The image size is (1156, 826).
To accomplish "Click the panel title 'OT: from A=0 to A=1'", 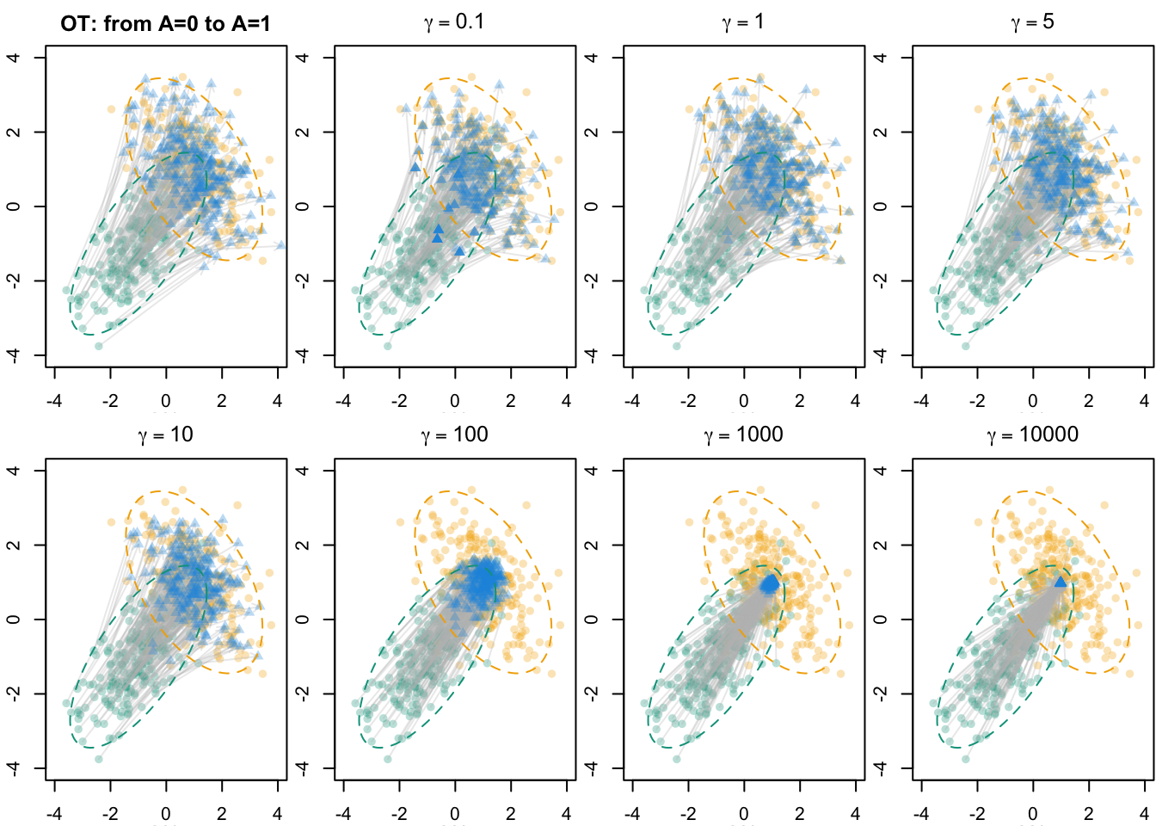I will tap(165, 23).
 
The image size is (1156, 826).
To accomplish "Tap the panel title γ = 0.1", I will tap(454, 22).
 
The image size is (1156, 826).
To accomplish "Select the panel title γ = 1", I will tap(743, 22).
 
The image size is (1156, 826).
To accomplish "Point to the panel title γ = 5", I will tap(1032, 22).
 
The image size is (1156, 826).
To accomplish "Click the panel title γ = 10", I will tap(165, 435).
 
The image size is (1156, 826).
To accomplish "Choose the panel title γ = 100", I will tap(454, 435).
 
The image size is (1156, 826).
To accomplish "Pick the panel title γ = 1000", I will tap(743, 435).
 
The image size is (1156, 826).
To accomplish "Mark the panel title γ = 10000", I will tap(1032, 435).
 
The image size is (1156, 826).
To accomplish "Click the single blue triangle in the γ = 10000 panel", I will tap(1060, 583).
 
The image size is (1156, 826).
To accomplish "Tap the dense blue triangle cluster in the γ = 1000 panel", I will tap(771, 583).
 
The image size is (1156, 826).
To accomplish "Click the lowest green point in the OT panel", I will tap(99, 346).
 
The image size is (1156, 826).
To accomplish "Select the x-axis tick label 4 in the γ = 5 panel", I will tap(1144, 402).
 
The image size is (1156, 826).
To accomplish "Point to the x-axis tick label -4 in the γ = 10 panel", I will tap(55, 815).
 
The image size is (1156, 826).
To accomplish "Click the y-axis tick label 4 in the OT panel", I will tap(15, 58).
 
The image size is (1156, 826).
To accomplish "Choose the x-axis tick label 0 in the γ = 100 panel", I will tap(455, 815).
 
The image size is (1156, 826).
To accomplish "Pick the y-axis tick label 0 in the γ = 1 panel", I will tap(593, 206).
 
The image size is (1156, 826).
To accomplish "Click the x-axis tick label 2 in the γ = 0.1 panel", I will tap(511, 402).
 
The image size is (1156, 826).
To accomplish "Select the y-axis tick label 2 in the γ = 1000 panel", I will tap(593, 546).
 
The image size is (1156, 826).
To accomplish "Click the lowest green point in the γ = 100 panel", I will tap(388, 759).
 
